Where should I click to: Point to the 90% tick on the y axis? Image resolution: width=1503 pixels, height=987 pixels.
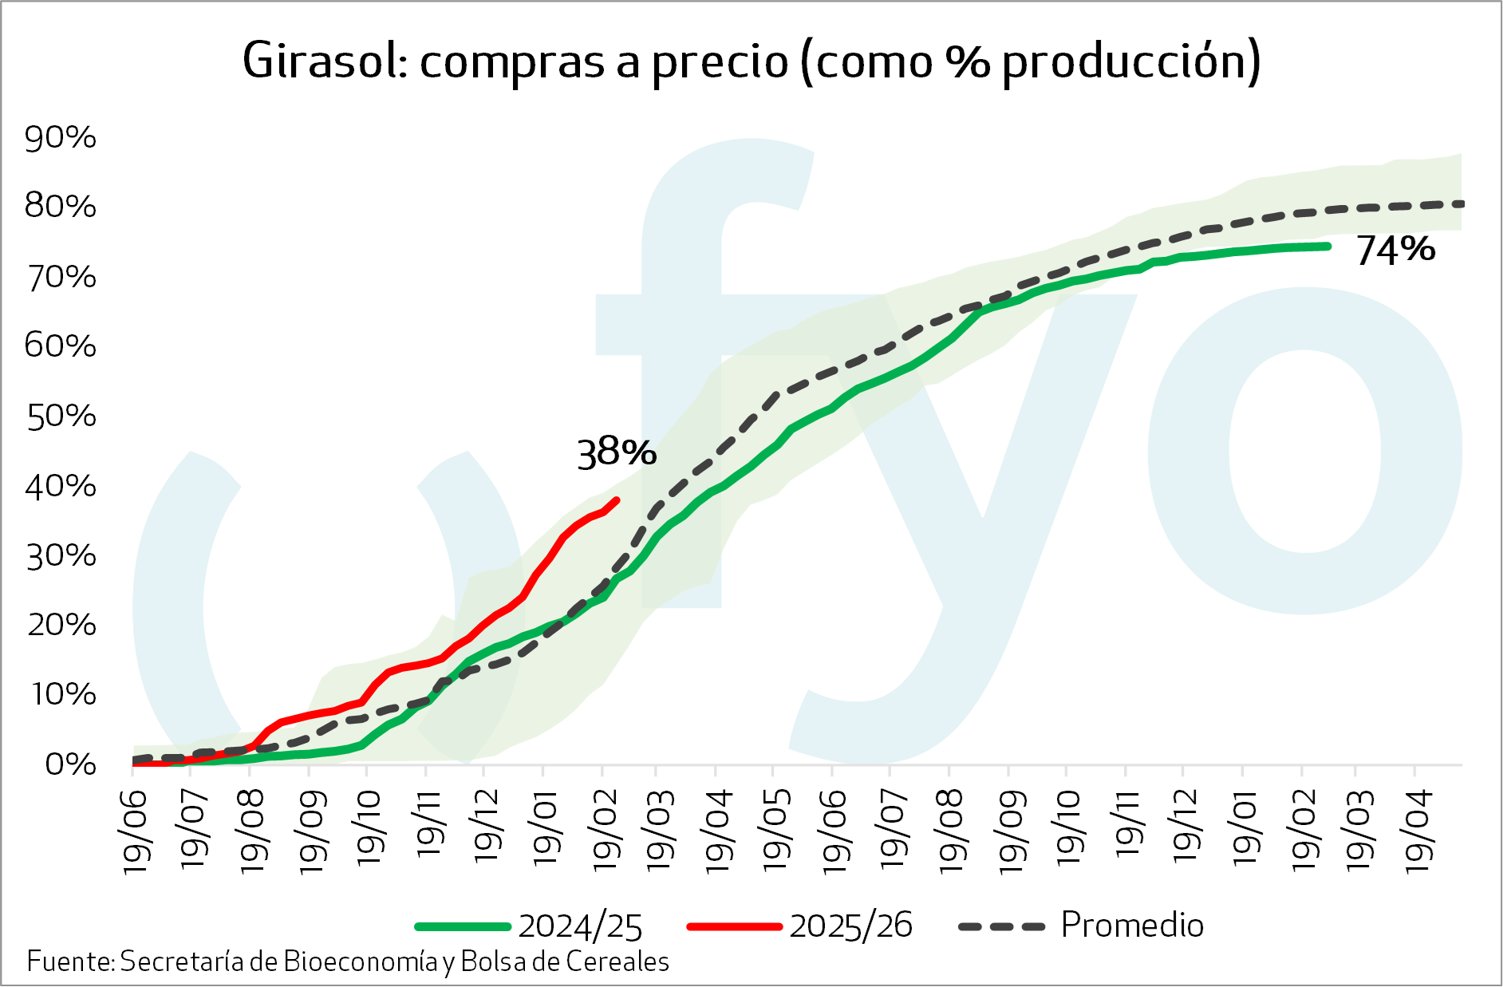point(60,138)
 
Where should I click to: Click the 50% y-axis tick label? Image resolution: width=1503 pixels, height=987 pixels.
point(61,417)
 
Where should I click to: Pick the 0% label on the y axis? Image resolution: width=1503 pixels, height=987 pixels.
point(70,764)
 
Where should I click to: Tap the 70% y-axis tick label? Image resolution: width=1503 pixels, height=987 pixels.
point(61,278)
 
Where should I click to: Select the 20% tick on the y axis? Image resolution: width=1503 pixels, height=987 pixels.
point(61,625)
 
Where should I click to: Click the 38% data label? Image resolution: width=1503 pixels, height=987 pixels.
point(616,453)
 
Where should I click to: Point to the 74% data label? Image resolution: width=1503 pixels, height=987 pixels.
point(1395,250)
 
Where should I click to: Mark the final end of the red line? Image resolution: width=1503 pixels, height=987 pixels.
point(617,500)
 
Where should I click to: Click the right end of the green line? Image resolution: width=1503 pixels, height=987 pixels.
point(1327,247)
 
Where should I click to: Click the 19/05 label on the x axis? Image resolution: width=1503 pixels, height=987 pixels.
point(774,830)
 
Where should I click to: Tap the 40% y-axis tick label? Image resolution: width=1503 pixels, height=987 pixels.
point(61,486)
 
